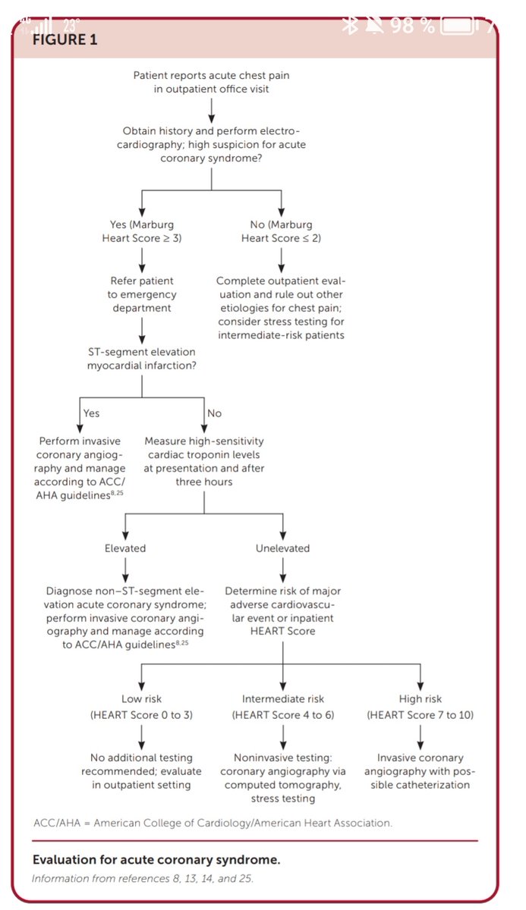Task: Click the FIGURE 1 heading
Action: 65,40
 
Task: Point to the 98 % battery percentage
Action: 412,25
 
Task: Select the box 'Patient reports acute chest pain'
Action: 211,82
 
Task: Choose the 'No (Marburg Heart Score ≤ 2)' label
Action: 281,231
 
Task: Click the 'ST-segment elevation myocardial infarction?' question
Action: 142,359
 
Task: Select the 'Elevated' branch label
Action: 125,548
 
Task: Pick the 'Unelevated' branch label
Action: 282,548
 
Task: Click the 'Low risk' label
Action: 141,698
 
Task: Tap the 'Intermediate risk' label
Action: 282,698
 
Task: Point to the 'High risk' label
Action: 421,698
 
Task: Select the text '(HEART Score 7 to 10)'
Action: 421,714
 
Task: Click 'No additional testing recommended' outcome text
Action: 141,764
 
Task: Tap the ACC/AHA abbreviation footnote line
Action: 213,822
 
